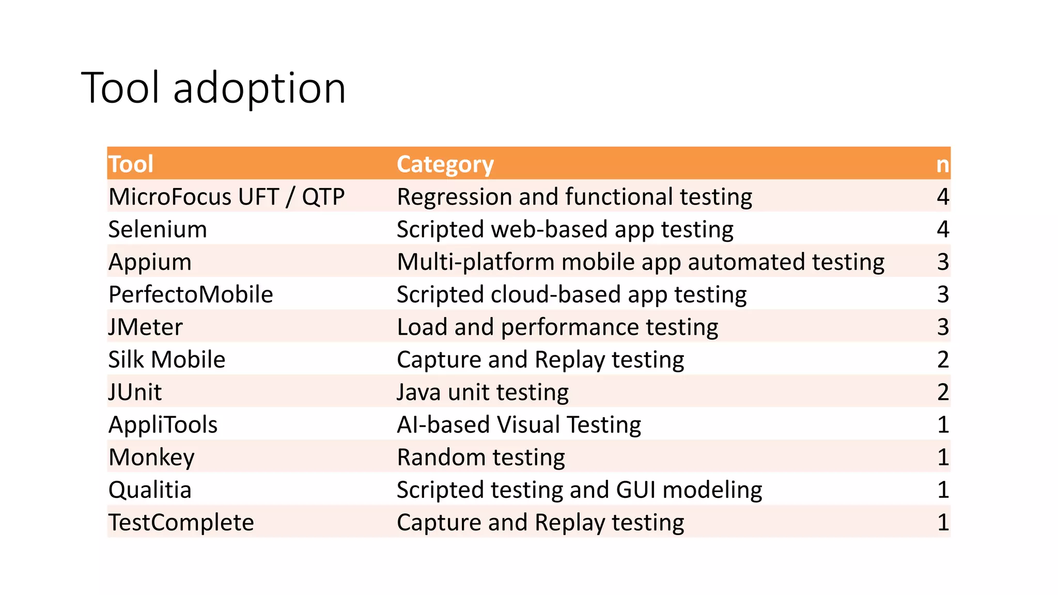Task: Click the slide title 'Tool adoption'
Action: pos(213,88)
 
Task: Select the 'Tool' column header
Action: pos(131,164)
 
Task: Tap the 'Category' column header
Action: pos(445,164)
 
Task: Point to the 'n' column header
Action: pos(942,165)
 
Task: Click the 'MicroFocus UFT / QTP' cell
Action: pos(226,197)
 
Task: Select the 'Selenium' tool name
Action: pos(158,229)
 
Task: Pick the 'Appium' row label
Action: pos(150,262)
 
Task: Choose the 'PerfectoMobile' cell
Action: pos(191,294)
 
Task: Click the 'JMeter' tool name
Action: pos(145,327)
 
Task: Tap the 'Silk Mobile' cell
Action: pos(166,359)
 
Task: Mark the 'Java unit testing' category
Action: pos(483,392)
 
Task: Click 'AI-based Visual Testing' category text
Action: pos(519,425)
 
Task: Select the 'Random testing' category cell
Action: pos(480,457)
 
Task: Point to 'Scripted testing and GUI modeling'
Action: pos(579,490)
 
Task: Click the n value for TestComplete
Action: pos(943,522)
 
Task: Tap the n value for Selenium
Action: pos(943,229)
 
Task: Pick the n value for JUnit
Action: pos(943,392)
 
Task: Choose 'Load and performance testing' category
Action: pos(557,327)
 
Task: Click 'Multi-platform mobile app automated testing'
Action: pos(641,262)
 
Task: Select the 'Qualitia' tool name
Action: pos(150,490)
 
